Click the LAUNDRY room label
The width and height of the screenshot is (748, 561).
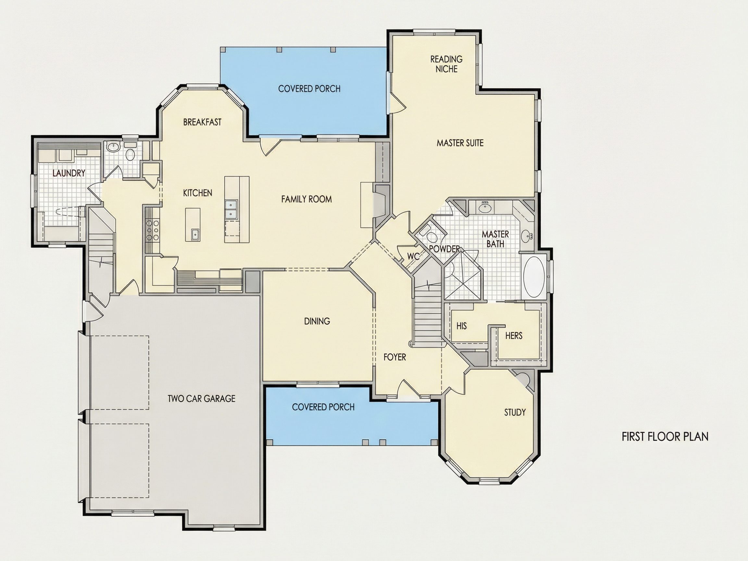coord(69,173)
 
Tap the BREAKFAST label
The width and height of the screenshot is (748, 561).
coord(202,122)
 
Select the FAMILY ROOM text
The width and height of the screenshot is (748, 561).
coord(306,199)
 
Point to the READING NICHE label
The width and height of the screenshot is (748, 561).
coord(446,64)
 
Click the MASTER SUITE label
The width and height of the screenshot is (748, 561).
coord(460,143)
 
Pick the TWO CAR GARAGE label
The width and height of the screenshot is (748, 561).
coord(202,399)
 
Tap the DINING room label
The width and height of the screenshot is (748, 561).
coord(317,321)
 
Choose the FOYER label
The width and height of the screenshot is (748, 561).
coord(395,357)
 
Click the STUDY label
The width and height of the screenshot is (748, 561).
coord(515,412)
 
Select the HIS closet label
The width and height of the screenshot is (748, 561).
coord(462,326)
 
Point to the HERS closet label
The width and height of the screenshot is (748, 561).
coord(514,336)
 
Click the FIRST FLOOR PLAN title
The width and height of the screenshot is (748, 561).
coord(665,437)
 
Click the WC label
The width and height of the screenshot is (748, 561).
coord(413,256)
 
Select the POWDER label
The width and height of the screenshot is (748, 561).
coord(444,249)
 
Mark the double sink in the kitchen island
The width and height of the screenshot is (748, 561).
coord(231,209)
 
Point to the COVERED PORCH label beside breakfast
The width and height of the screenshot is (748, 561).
coord(309,89)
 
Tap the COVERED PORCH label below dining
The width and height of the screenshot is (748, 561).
coord(323,407)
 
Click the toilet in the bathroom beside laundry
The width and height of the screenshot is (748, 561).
coord(130,153)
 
